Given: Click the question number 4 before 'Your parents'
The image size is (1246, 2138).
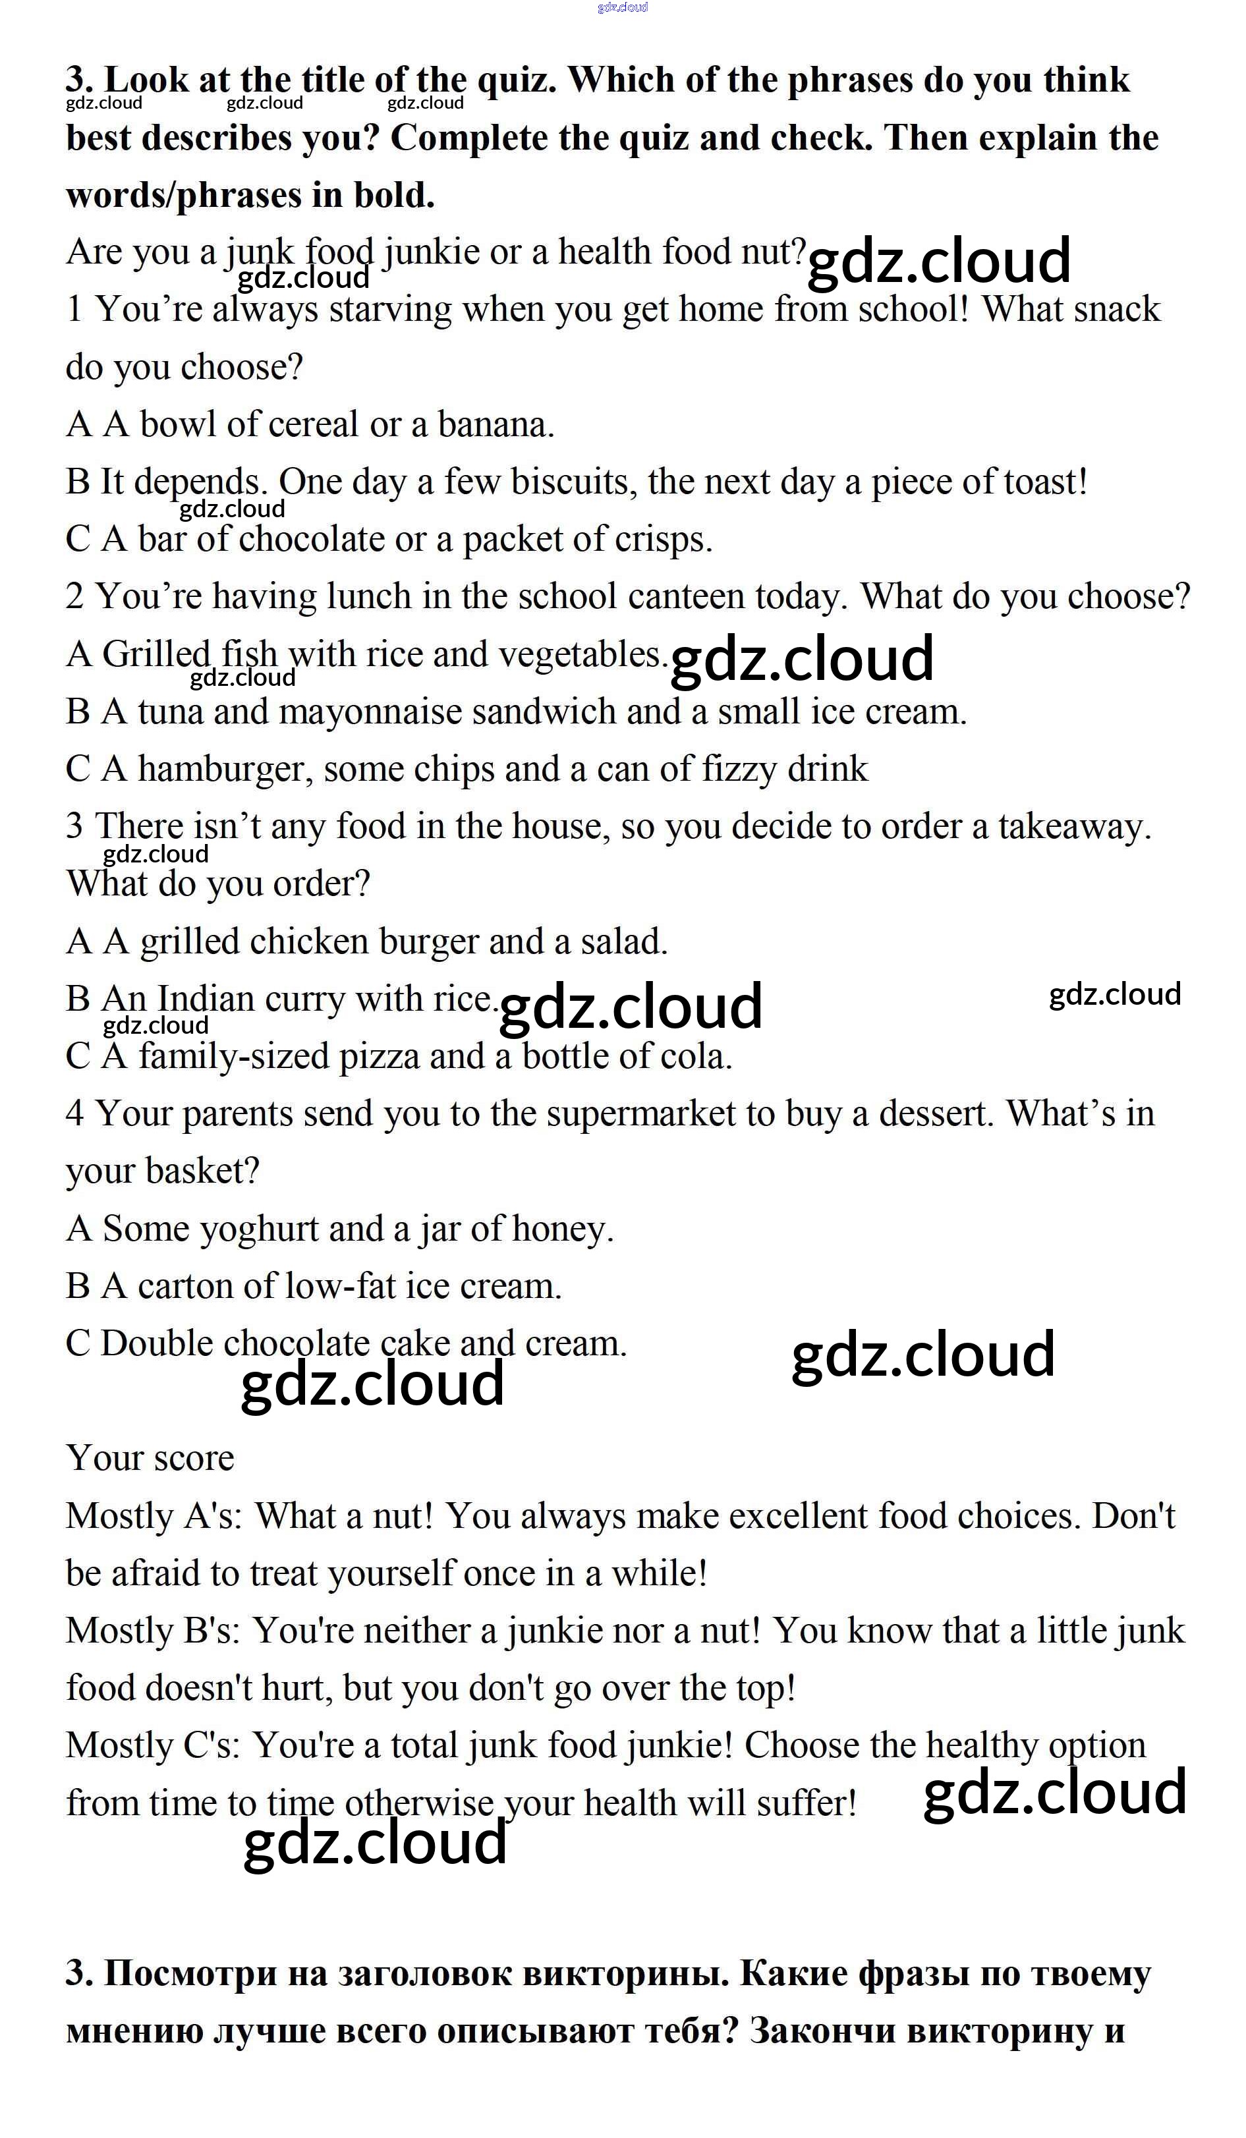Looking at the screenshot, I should click(74, 1114).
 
